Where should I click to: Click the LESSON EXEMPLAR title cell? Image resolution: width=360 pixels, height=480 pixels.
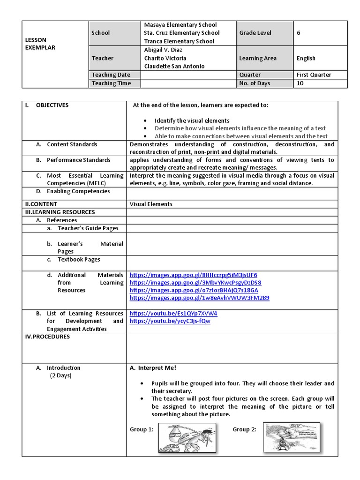[x=40, y=44]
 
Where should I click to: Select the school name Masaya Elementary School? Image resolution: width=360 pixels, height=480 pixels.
[x=180, y=25]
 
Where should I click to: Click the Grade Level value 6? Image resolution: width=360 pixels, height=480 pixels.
[x=299, y=33]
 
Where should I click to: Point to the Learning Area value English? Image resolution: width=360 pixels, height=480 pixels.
[x=306, y=59]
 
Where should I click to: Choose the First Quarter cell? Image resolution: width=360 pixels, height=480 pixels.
[x=314, y=75]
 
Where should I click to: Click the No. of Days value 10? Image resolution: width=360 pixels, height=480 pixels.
[x=300, y=83]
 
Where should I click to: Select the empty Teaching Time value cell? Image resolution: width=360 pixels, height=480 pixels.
[x=188, y=83]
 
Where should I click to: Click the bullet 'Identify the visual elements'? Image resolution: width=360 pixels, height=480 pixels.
[x=192, y=121]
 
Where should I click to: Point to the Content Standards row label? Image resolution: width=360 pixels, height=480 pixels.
[x=72, y=144]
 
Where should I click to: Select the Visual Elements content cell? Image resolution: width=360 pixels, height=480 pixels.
[x=151, y=204]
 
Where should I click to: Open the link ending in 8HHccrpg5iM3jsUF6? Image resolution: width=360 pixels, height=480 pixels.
[x=193, y=275]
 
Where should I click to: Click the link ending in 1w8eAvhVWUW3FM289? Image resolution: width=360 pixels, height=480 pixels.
[x=199, y=298]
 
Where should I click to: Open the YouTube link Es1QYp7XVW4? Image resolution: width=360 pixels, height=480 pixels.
[x=173, y=314]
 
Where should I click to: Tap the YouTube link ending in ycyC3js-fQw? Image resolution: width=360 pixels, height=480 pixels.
[x=170, y=321]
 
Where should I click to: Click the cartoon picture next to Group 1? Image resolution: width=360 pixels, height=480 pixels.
[x=187, y=438]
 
